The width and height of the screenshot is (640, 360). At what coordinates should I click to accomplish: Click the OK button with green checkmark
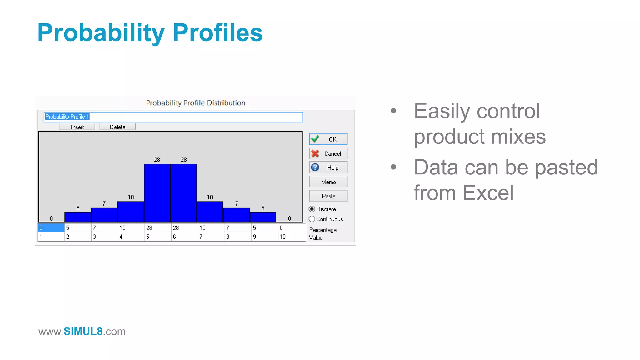pos(328,139)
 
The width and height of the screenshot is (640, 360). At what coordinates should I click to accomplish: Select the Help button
pos(328,167)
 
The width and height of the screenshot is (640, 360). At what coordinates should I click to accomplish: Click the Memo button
pos(328,182)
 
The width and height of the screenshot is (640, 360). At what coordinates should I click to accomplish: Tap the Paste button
pos(328,196)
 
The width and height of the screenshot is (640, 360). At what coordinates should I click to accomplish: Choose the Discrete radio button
pos(312,209)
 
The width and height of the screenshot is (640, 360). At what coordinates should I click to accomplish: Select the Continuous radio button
pos(312,219)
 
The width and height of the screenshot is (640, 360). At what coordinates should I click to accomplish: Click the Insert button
pos(77,127)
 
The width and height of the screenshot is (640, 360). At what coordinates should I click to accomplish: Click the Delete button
pos(117,127)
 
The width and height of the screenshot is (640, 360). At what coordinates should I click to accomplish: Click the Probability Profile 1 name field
pos(173,117)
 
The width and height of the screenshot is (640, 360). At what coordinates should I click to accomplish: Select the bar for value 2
pos(78,217)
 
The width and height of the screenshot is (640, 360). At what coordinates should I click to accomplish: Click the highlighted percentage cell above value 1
pos(51,228)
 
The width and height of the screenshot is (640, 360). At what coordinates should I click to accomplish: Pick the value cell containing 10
pos(291,237)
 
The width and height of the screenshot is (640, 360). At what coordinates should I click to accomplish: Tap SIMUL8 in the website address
pos(83,331)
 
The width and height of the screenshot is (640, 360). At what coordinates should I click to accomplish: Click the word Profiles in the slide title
pos(217,33)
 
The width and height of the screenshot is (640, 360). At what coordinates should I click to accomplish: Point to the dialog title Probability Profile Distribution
pos(196,103)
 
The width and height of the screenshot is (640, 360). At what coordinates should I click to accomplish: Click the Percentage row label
pos(323,230)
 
